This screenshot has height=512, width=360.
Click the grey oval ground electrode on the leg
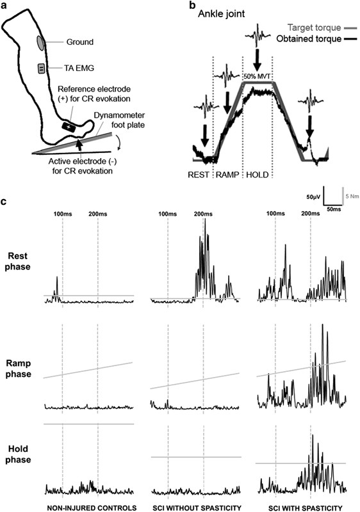coord(40,43)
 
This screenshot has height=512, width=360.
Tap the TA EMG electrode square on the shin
coord(42,68)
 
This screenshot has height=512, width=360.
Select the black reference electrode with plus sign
coord(69,126)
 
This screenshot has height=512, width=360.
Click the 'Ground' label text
coord(79,42)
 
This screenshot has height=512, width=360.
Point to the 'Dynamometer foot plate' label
coord(119,120)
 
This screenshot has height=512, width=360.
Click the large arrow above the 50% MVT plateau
coord(257,60)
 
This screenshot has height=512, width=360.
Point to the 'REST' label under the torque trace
coord(199,175)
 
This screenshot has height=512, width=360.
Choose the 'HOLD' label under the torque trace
coord(258,175)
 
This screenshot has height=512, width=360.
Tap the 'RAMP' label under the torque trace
coord(227,175)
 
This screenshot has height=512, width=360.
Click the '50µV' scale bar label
coord(314,197)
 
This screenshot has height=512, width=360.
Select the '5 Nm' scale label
coord(352,196)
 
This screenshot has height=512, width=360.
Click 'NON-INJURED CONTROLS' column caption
coord(92,508)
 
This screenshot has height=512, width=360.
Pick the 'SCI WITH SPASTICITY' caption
coord(306,508)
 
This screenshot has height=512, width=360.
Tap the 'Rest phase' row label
coord(18,261)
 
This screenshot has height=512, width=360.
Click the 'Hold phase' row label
coord(18,454)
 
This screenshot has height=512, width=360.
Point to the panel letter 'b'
coord(193,5)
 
